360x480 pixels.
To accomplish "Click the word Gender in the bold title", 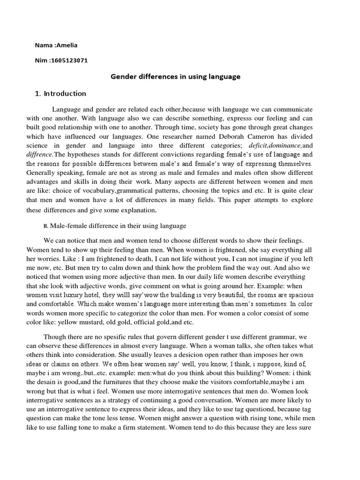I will point(123,77).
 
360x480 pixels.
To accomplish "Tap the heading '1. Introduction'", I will point(60,93).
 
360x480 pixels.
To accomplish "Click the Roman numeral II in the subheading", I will point(45,226).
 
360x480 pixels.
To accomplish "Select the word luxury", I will point(77,295).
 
